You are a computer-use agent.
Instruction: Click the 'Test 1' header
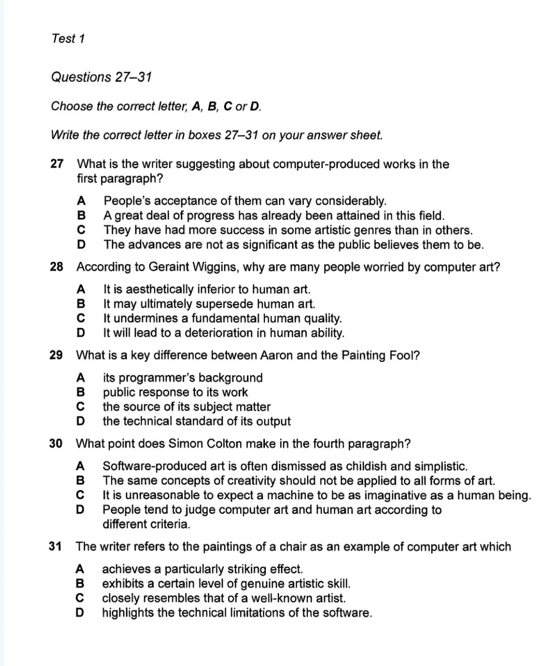coord(68,38)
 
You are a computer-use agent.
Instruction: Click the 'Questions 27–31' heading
coord(101,77)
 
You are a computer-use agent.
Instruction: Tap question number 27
coord(57,164)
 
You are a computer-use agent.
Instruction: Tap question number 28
coord(56,267)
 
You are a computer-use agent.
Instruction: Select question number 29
coord(56,355)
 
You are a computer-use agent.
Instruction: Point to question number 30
coord(56,444)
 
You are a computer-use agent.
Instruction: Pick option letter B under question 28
coord(81,304)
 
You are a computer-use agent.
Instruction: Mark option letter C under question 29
coord(80,407)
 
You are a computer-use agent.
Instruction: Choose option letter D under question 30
coord(80,510)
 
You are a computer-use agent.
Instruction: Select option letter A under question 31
coord(80,569)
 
